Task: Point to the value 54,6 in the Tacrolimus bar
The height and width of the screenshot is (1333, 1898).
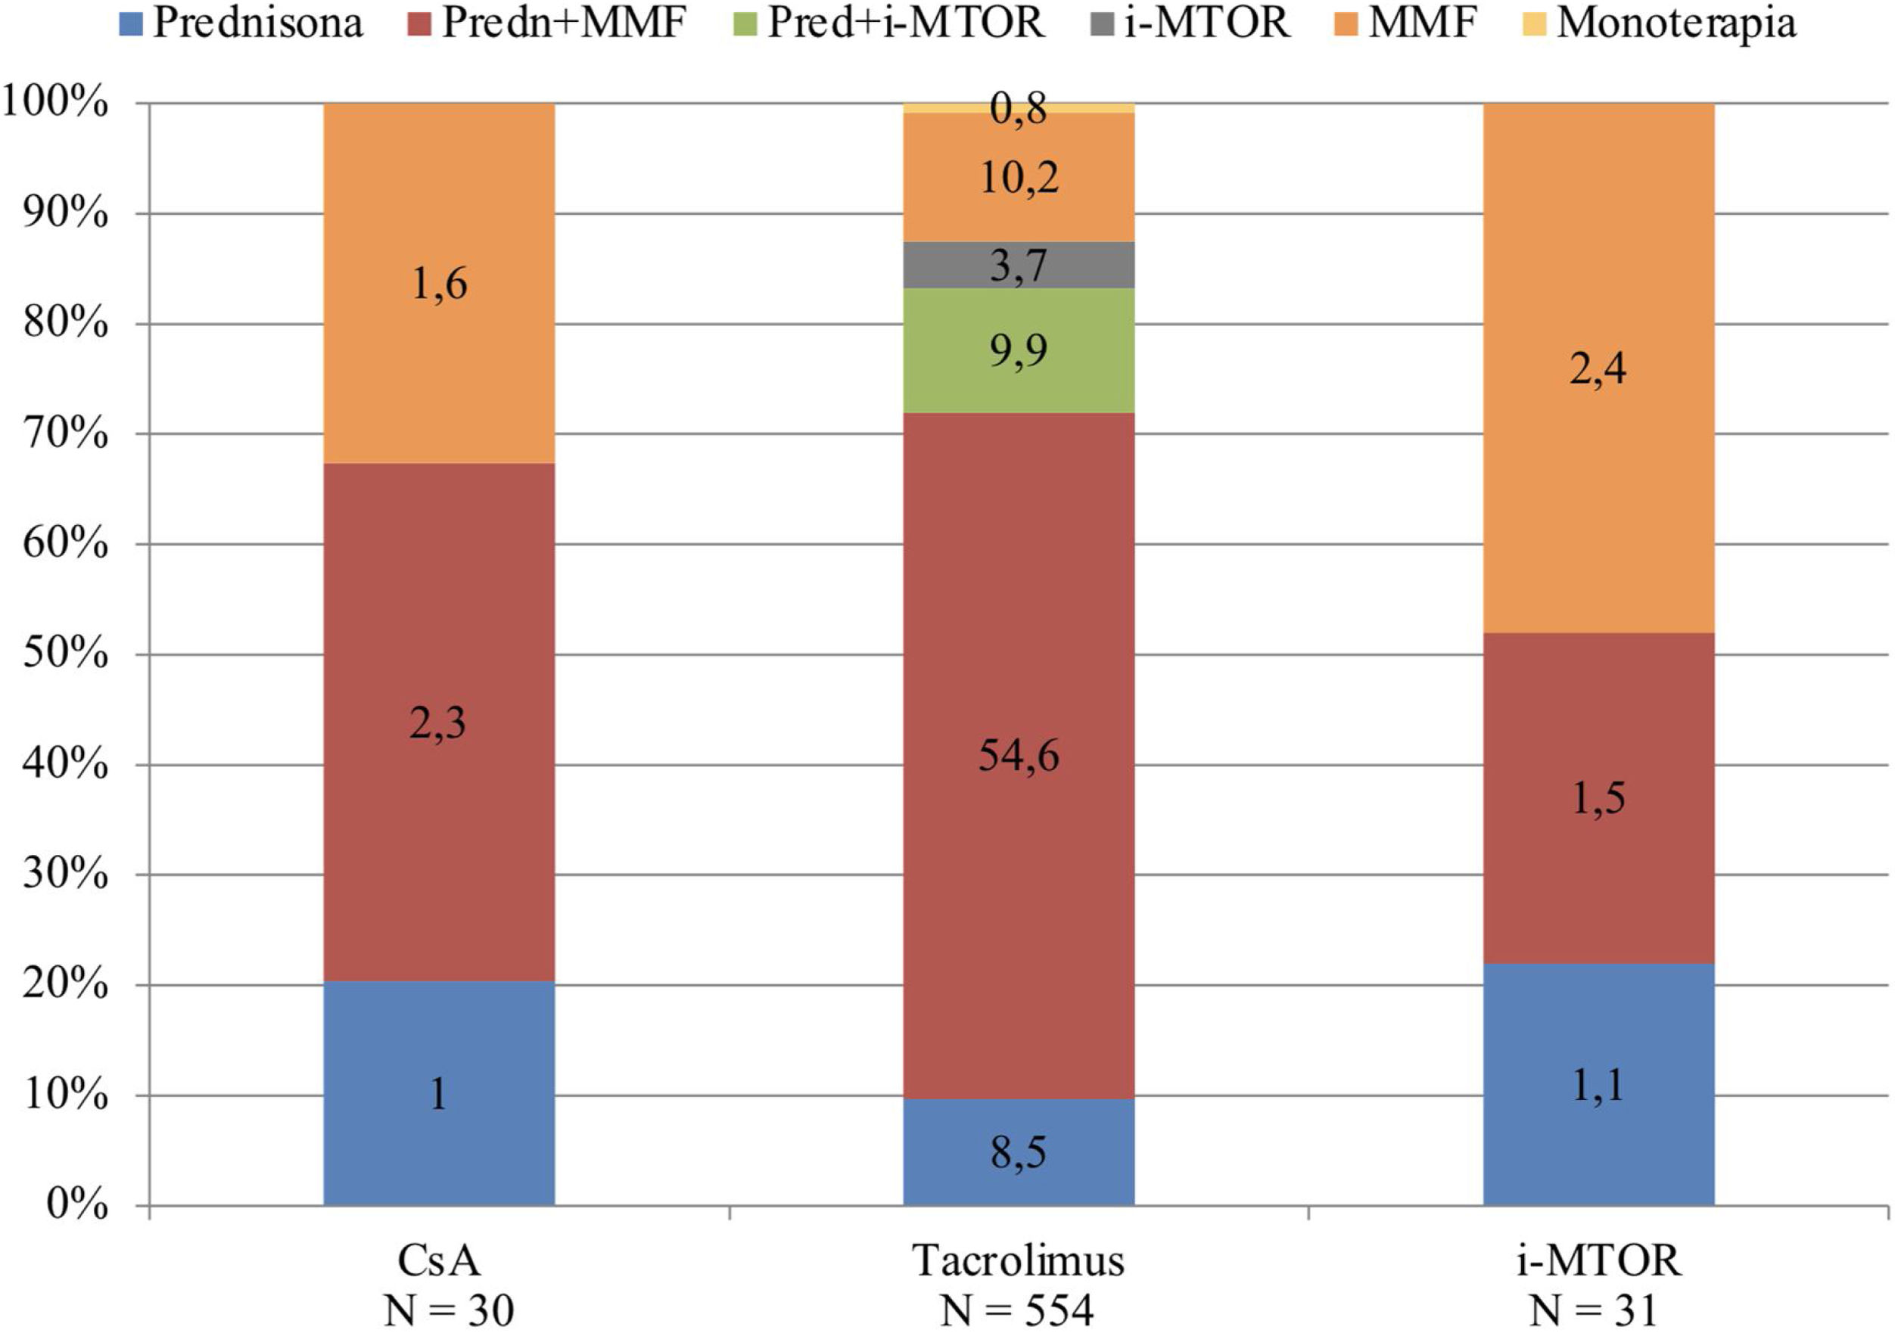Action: [1019, 755]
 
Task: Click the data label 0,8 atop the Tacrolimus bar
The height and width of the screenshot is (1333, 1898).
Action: [1019, 108]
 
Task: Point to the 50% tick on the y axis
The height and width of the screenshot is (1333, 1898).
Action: [66, 654]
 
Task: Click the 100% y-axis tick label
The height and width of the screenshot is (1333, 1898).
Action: [56, 104]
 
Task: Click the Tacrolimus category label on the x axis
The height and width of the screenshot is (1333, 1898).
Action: [1019, 1261]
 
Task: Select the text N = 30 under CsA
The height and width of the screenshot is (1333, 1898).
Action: [449, 1310]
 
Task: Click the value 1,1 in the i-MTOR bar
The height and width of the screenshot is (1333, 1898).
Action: [1598, 1084]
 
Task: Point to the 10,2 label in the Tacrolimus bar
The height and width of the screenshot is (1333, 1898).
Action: [1019, 177]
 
